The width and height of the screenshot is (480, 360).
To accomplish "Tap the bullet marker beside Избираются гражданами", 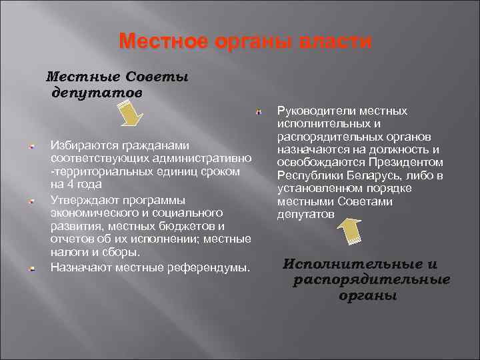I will (32, 146).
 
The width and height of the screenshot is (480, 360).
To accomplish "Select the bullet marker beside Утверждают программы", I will (32, 201).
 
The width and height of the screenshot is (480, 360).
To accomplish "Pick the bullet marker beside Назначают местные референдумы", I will (32, 269).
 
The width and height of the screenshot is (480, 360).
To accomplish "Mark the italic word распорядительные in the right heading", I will (371, 279).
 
